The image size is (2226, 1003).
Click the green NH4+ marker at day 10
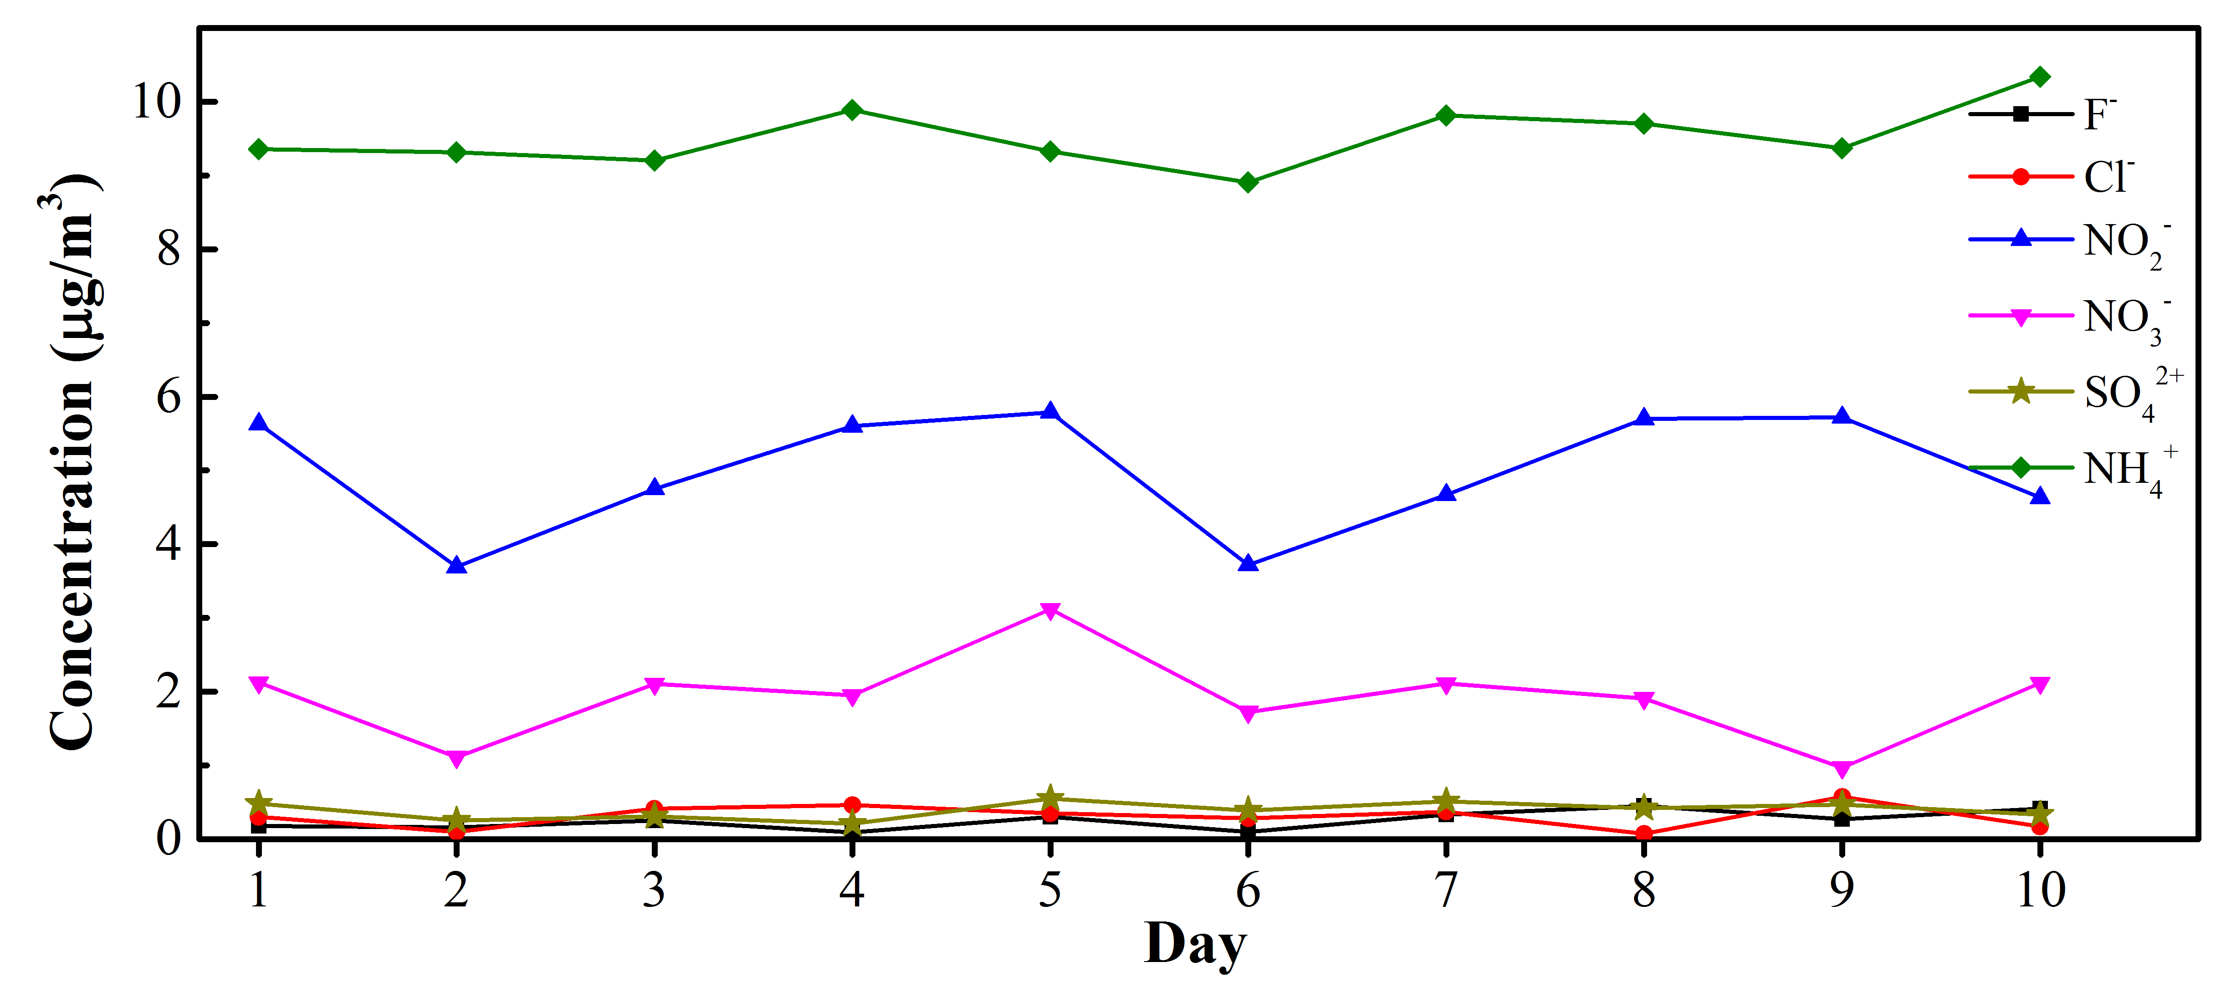pos(2039,77)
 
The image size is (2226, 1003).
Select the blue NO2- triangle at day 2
pos(456,566)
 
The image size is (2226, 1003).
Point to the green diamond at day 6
pos(1248,182)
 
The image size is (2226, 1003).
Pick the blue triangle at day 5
pos(1050,412)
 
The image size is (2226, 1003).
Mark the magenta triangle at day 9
pos(1842,768)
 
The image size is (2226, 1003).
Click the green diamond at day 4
pos(852,110)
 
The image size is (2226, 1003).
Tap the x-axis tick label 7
pos(1446,890)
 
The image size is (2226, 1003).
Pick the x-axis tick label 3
pos(654,890)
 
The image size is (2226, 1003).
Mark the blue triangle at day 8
pos(1643,418)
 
